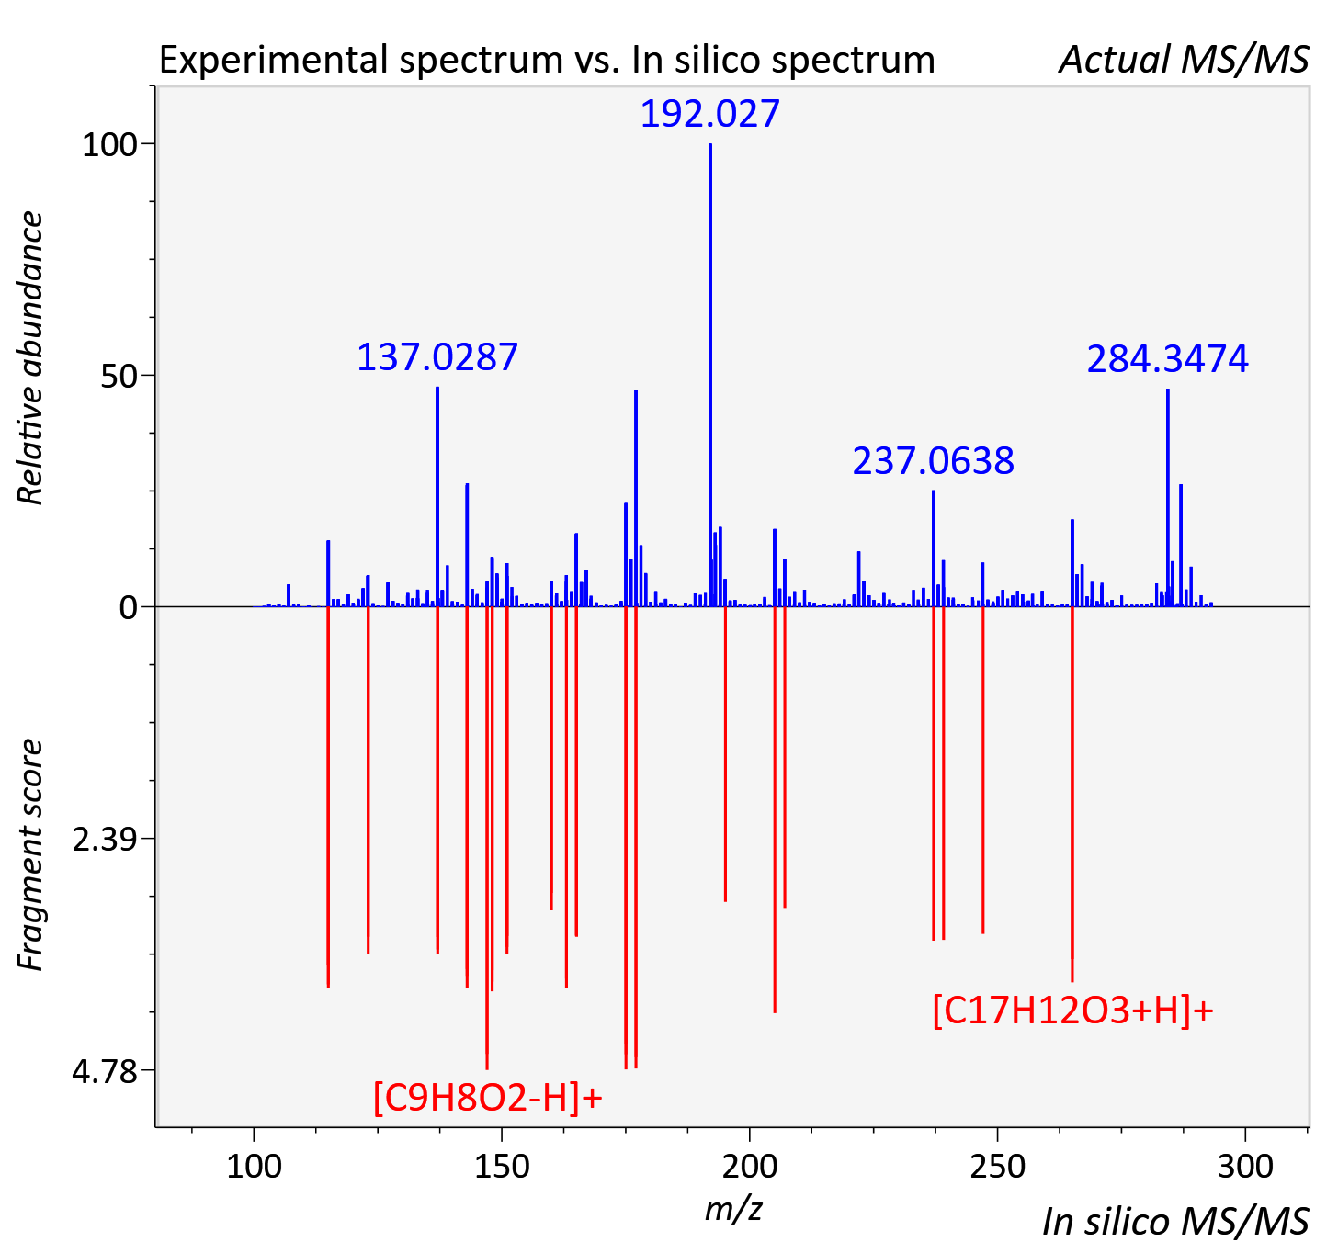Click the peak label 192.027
709,113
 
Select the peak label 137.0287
437,357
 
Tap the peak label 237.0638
933,461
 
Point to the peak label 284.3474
1168,359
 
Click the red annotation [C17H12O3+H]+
1072,1011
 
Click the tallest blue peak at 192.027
710,375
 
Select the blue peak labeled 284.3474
1168,498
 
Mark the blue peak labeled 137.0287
437,496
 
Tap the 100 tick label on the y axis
109,144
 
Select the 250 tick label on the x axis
997,1166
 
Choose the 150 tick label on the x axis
502,1166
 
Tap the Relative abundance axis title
30,357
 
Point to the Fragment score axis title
30,854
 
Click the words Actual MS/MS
1185,60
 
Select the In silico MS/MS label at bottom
1176,1222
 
